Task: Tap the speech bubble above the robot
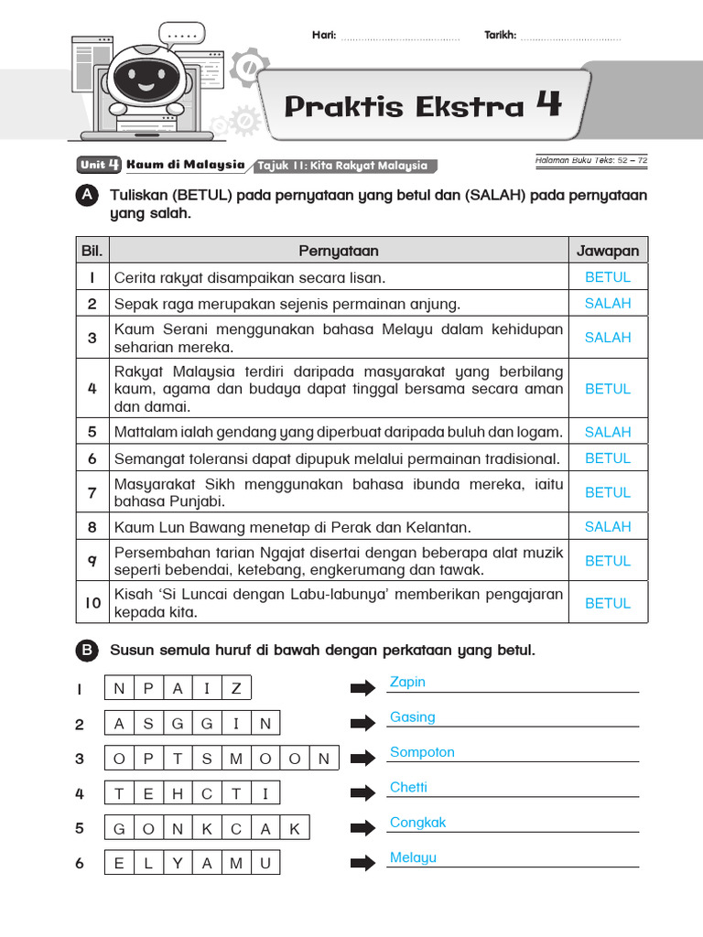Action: [x=183, y=36]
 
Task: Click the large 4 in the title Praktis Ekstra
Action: [x=548, y=105]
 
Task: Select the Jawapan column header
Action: [x=608, y=251]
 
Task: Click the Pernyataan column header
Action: [x=338, y=251]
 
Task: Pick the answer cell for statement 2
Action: [x=608, y=303]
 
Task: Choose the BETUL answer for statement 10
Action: [x=608, y=604]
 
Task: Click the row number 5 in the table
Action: [x=92, y=432]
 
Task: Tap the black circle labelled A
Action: [x=86, y=196]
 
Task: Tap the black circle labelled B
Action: [x=86, y=651]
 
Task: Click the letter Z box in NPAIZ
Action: [x=236, y=689]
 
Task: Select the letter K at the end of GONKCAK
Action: [x=295, y=829]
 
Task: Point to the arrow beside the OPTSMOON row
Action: [x=363, y=759]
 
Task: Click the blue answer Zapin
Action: [x=407, y=682]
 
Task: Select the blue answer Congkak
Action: [x=417, y=822]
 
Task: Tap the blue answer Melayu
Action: [x=413, y=857]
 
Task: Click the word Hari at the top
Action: [x=324, y=36]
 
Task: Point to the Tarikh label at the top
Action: [x=500, y=36]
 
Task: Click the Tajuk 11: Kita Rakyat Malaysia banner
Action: [x=343, y=166]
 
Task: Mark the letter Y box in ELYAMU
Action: [x=178, y=864]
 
